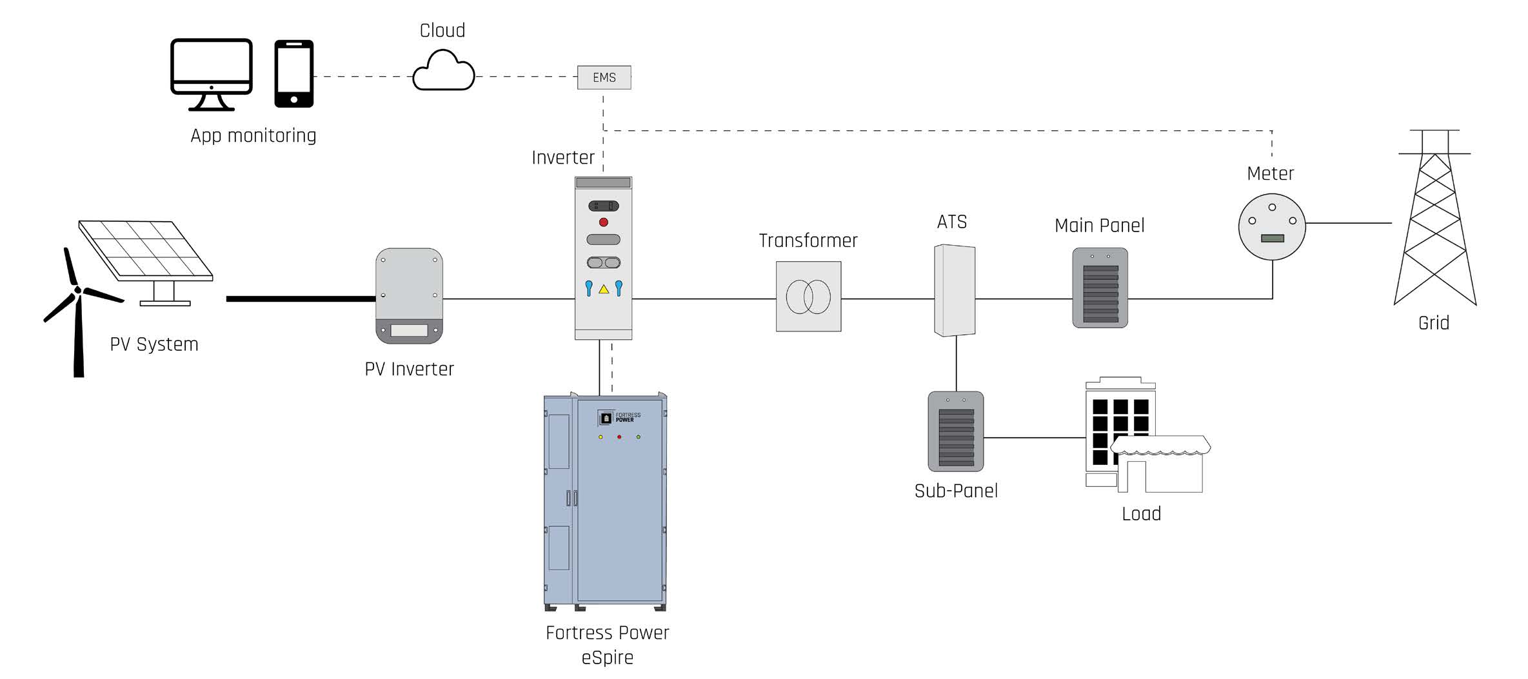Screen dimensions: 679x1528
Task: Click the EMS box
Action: (x=604, y=77)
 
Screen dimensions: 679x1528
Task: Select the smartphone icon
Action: (x=294, y=74)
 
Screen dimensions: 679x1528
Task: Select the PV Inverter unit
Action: (x=409, y=295)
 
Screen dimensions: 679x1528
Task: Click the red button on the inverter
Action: (x=604, y=222)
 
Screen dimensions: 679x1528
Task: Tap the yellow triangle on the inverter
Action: (x=604, y=290)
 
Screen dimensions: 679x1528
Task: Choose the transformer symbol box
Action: (x=808, y=297)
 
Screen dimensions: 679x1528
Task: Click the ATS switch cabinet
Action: (x=955, y=290)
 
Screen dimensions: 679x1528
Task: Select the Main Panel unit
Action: (x=1100, y=288)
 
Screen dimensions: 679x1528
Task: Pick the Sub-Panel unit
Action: (x=955, y=431)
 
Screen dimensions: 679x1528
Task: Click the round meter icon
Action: (x=1272, y=226)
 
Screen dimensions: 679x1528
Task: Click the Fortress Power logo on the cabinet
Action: (x=619, y=418)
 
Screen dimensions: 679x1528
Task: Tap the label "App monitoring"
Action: (x=253, y=136)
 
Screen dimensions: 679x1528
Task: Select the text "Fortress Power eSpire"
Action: (x=607, y=645)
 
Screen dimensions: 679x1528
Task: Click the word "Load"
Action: (x=1141, y=514)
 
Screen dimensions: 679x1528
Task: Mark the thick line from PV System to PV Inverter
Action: (x=301, y=299)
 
